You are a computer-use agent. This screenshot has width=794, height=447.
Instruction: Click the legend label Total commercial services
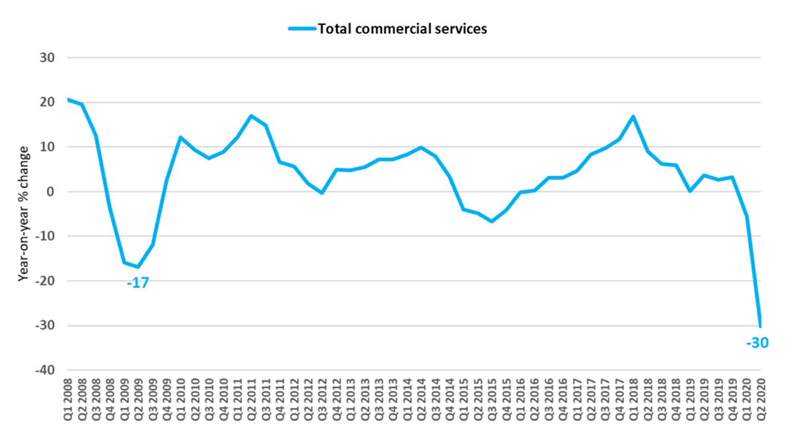click(402, 28)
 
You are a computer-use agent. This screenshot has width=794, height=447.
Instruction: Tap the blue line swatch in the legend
click(302, 28)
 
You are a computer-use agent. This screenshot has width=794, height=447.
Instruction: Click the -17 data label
click(138, 283)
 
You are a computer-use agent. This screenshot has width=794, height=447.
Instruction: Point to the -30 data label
click(757, 342)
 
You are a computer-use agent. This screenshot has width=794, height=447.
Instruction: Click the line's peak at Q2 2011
click(251, 116)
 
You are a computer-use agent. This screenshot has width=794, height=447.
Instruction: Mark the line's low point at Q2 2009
click(138, 267)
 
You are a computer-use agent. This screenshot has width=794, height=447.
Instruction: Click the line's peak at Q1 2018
click(634, 117)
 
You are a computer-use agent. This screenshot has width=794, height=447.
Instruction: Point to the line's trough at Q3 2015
click(492, 221)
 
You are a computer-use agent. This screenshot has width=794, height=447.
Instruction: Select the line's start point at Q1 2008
click(68, 99)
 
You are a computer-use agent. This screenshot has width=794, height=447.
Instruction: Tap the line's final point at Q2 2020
click(761, 325)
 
